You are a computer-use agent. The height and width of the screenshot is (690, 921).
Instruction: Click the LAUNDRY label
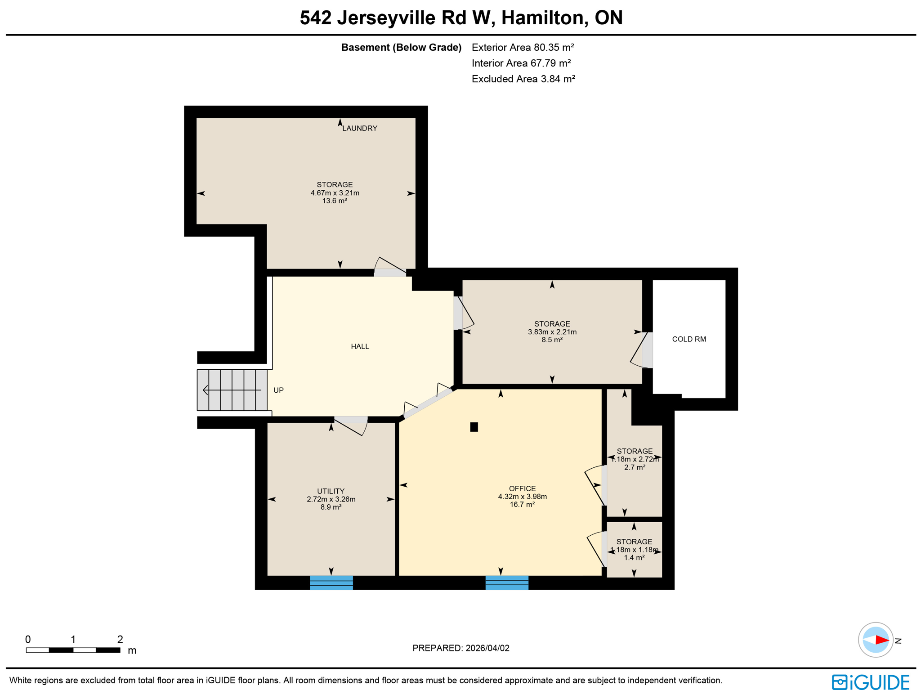pos(359,128)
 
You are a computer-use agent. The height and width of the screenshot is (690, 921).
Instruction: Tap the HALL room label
pos(360,346)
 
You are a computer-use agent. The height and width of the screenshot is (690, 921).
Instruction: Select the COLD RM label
pos(689,339)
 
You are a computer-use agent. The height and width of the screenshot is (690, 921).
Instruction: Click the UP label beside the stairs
pos(278,390)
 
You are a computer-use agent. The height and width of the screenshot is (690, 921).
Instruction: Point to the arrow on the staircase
pos(231,390)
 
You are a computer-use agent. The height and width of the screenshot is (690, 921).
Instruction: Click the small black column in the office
pos(474,427)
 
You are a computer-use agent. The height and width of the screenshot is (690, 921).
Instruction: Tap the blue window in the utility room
pos(331,582)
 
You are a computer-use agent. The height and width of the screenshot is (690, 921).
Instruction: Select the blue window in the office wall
pos(507,582)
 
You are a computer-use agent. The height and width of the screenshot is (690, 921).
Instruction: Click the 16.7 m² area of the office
pos(522,505)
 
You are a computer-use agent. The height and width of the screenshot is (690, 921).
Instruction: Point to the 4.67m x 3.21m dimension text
pos(335,193)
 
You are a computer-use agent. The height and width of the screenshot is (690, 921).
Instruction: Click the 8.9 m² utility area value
pos(331,507)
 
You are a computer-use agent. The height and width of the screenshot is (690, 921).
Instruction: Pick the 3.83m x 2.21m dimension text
pos(552,332)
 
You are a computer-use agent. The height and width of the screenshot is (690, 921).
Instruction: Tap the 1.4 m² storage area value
pos(634,558)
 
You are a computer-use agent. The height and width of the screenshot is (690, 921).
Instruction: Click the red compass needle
pos(881,640)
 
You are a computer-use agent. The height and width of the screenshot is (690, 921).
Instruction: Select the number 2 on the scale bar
pos(120,639)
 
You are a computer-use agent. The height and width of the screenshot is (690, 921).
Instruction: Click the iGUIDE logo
pos(870,682)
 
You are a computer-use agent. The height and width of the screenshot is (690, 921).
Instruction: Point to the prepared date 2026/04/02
pos(487,648)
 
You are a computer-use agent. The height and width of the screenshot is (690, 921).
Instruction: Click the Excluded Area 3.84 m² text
pos(523,79)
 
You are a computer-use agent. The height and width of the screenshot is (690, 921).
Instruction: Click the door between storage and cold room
pos(647,350)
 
